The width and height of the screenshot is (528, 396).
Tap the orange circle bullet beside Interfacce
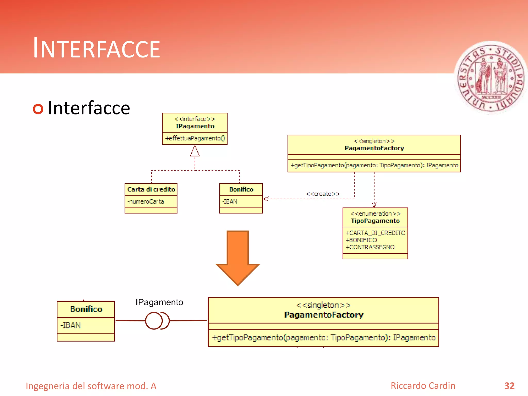tap(38, 109)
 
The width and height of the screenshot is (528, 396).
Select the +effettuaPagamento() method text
tap(195, 138)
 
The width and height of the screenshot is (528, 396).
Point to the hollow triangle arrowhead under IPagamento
tap(195, 151)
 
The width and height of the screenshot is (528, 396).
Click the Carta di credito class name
tap(151, 189)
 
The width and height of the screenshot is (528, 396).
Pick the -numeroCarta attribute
tap(146, 202)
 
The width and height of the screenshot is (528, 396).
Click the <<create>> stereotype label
tap(323, 194)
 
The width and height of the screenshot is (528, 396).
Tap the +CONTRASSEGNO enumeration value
tap(370, 247)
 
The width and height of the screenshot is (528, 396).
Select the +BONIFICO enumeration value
tap(361, 240)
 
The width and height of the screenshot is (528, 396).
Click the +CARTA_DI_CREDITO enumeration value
tap(375, 233)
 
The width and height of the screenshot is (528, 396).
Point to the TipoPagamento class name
tap(375, 221)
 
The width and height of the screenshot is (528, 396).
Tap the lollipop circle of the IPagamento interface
tap(154, 321)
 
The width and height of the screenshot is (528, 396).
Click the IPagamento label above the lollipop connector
tap(159, 302)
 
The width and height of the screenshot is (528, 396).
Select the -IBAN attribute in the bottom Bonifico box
tap(71, 326)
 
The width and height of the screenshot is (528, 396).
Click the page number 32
tap(509, 386)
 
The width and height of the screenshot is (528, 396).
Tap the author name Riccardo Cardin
tap(423, 386)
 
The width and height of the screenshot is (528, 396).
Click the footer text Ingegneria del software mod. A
tap(91, 386)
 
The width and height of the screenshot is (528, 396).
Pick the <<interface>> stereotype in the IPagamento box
tap(195, 119)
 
